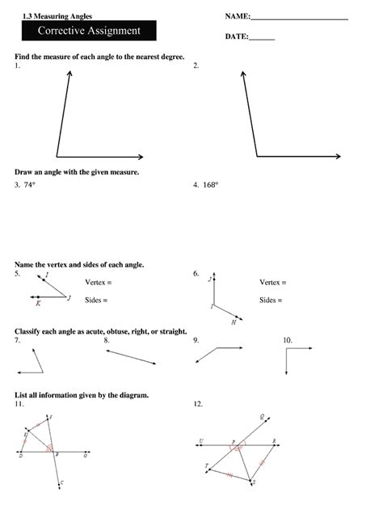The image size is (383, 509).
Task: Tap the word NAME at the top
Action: pos(238,16)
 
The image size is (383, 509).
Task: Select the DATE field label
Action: pos(236,37)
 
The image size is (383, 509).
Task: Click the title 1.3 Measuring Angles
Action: pos(47,16)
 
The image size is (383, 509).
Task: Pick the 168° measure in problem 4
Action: pos(211,184)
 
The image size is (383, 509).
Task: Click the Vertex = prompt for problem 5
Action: pos(98,283)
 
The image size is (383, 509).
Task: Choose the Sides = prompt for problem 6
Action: pos(271,301)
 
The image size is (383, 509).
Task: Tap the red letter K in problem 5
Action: pos(38,305)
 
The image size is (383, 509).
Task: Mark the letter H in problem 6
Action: pos(233,322)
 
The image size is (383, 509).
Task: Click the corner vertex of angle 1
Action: pos(57,156)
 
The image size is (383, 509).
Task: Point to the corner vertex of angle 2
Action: pos(256,156)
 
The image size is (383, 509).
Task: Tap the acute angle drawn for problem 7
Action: pos(36,363)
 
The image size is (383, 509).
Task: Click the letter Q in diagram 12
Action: pos(261,417)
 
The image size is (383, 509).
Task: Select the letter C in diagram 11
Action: pos(62,482)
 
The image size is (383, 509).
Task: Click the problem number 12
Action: pos(198,402)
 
